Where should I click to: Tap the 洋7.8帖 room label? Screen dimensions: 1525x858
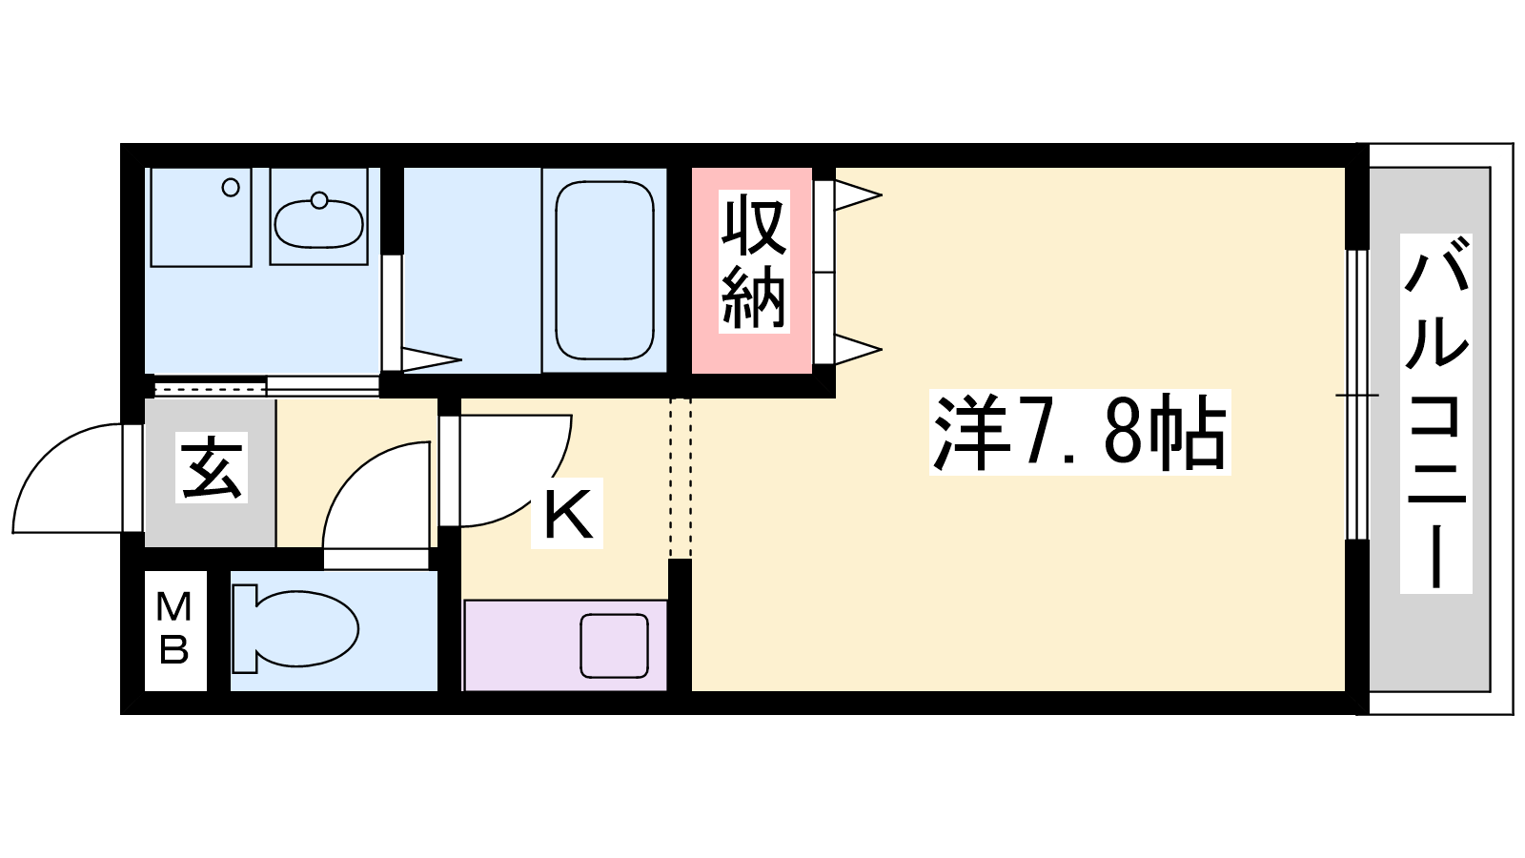point(1080,432)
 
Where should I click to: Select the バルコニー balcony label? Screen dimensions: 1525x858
point(1435,414)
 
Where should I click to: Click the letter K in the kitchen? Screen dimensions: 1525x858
point(567,514)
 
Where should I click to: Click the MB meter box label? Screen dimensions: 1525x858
point(173,628)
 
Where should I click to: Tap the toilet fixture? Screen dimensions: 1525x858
point(295,628)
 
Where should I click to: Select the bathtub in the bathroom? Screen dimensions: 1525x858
point(604,270)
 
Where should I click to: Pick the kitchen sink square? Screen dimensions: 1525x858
point(614,645)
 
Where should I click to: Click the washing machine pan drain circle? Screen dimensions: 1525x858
point(231,187)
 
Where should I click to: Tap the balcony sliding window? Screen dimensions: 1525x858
point(1357,395)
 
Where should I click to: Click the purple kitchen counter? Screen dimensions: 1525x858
point(565,645)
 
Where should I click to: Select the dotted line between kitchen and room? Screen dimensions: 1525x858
point(681,478)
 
